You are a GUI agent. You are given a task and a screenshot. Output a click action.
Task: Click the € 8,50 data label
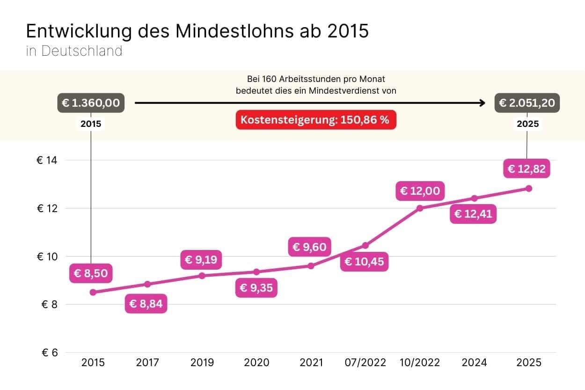(91, 273)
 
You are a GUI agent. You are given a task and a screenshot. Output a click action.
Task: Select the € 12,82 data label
(526, 169)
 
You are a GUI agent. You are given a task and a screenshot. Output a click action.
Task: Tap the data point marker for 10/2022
(420, 208)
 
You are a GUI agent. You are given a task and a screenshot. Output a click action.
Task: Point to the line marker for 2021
(311, 266)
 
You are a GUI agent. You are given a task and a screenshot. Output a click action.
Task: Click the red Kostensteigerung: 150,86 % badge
(315, 120)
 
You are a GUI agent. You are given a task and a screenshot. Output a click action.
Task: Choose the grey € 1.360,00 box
(91, 103)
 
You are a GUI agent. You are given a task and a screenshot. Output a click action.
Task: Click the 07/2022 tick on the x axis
(365, 362)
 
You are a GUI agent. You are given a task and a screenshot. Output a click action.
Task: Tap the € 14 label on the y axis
(46, 160)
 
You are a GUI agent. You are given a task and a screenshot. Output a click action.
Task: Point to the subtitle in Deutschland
(74, 51)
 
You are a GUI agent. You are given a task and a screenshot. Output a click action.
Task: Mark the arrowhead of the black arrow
(483, 103)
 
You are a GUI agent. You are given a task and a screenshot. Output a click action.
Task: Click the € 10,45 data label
(364, 261)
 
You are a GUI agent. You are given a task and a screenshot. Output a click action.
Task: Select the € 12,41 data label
(474, 214)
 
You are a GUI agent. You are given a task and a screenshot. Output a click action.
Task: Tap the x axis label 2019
(202, 362)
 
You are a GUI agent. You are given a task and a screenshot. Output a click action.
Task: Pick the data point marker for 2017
(147, 284)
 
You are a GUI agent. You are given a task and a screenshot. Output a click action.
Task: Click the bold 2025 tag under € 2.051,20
(527, 124)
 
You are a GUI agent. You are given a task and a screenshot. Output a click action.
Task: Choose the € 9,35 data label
(256, 287)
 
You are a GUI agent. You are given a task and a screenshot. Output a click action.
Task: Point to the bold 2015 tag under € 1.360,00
(91, 124)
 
